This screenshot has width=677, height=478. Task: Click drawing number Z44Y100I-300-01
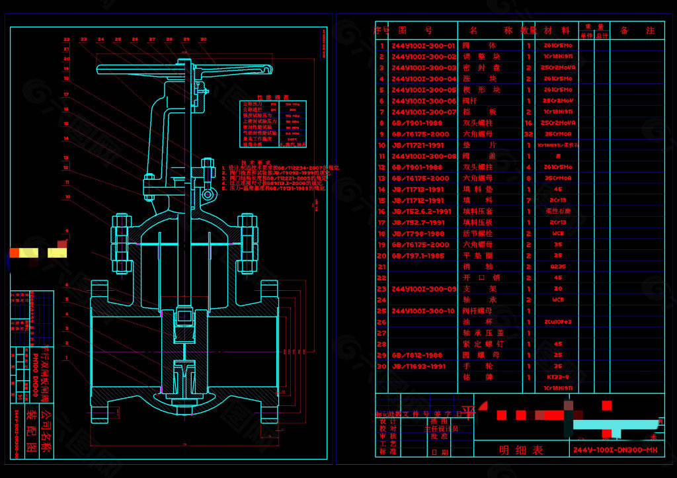pyautogui.click(x=423, y=46)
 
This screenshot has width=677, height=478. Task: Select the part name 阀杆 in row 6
pyautogui.click(x=469, y=101)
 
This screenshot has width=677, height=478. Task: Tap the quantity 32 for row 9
pyautogui.click(x=528, y=134)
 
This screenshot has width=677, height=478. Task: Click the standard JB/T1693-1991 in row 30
pyautogui.click(x=418, y=366)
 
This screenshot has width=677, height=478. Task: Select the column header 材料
pyautogui.click(x=557, y=30)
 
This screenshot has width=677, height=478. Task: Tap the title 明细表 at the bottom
pyautogui.click(x=521, y=450)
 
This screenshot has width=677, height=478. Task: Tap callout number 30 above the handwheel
pyautogui.click(x=203, y=40)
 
